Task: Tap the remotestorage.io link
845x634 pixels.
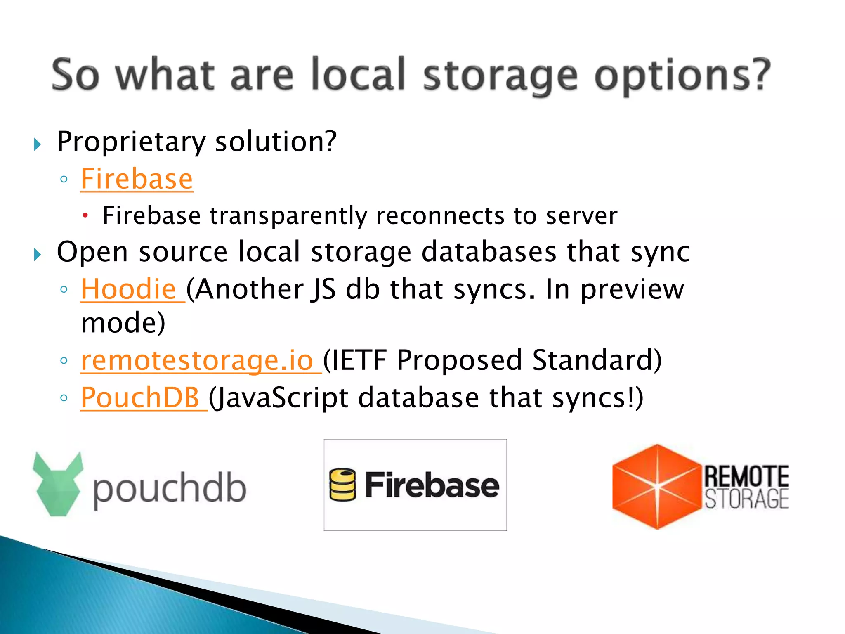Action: pyautogui.click(x=197, y=360)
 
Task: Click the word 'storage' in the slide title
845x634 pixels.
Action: pyautogui.click(x=500, y=76)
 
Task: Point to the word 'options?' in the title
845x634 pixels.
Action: pyautogui.click(x=682, y=76)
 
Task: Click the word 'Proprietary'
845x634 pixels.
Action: pyautogui.click(x=131, y=142)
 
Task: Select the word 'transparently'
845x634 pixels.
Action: pyautogui.click(x=288, y=216)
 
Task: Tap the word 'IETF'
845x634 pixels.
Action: pyautogui.click(x=359, y=360)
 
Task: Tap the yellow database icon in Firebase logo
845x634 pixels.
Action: pyautogui.click(x=342, y=485)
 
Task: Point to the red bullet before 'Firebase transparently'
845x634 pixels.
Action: pyautogui.click(x=85, y=215)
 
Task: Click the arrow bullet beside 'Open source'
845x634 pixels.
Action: pyautogui.click(x=38, y=254)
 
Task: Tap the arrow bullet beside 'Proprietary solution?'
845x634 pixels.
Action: pyautogui.click(x=38, y=144)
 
